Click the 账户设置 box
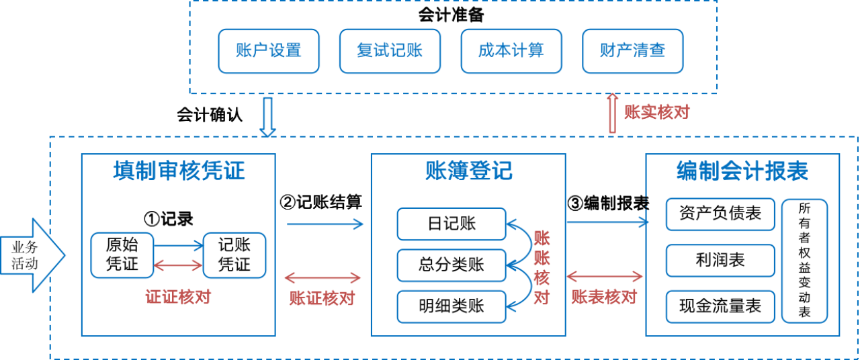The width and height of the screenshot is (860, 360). (x=269, y=51)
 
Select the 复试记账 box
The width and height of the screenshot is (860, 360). (x=390, y=51)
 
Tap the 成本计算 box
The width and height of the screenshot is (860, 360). (x=511, y=51)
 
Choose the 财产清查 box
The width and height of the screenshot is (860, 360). (x=632, y=51)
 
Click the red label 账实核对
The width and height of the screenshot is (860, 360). (x=656, y=112)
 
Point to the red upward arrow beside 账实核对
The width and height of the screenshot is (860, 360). (x=612, y=113)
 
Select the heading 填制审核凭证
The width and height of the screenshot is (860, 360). (x=179, y=171)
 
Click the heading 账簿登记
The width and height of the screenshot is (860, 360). (x=468, y=171)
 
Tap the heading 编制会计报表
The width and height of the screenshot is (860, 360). (x=742, y=172)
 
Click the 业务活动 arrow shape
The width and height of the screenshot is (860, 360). (x=31, y=255)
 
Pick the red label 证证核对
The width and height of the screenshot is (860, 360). (x=178, y=297)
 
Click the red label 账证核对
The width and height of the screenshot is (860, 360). (x=322, y=298)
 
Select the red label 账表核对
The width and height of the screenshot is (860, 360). (x=604, y=297)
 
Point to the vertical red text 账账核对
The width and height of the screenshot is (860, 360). (x=542, y=267)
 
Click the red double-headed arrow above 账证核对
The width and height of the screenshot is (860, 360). (x=322, y=277)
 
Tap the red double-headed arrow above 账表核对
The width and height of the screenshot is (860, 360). (x=605, y=276)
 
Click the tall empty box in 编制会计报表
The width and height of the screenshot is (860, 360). (x=804, y=261)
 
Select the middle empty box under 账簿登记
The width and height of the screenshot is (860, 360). (x=451, y=265)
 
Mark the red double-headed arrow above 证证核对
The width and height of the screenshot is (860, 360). (x=178, y=265)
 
